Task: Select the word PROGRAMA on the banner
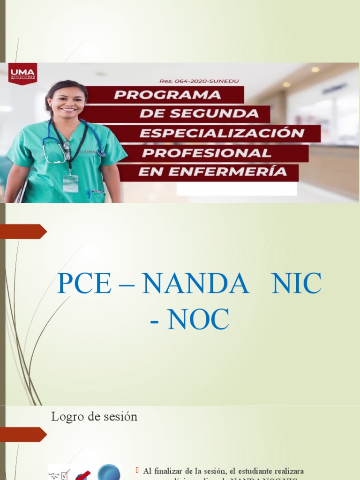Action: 167,95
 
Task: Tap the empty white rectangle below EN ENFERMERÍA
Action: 237,188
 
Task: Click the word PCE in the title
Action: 84,284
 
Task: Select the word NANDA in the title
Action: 195,284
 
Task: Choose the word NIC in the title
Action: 297,284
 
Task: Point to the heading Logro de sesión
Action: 94,417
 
